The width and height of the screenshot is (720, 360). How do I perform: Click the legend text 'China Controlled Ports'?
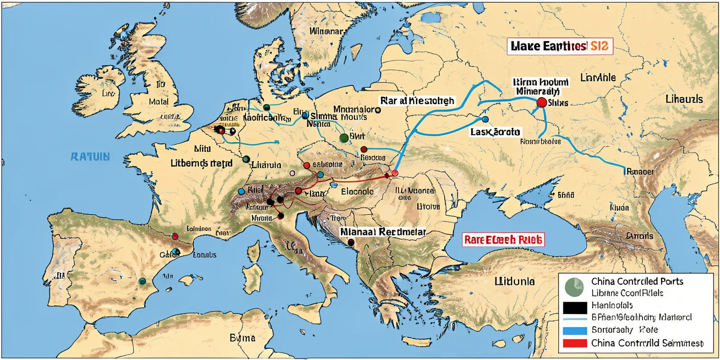637,281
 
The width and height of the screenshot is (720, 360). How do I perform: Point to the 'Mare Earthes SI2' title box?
560,46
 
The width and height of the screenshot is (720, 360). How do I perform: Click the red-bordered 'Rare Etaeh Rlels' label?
504,239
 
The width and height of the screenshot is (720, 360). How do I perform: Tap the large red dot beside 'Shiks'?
541,103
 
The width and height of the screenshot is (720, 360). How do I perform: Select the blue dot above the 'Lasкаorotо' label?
485,120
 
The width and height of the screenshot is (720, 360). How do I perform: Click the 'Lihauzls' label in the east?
684,99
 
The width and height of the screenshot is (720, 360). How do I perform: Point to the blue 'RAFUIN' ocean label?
90,156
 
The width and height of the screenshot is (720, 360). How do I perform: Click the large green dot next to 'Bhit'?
344,138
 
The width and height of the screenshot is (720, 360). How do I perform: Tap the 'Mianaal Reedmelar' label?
382,232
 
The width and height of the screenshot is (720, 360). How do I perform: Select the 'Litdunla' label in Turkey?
514,281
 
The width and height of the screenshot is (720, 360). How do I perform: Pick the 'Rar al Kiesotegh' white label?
417,101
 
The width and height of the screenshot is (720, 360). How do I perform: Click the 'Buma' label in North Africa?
242,338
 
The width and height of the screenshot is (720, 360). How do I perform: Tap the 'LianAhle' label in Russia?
598,78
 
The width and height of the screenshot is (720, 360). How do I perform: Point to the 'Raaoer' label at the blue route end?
639,172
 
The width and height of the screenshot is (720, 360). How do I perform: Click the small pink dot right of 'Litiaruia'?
292,173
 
